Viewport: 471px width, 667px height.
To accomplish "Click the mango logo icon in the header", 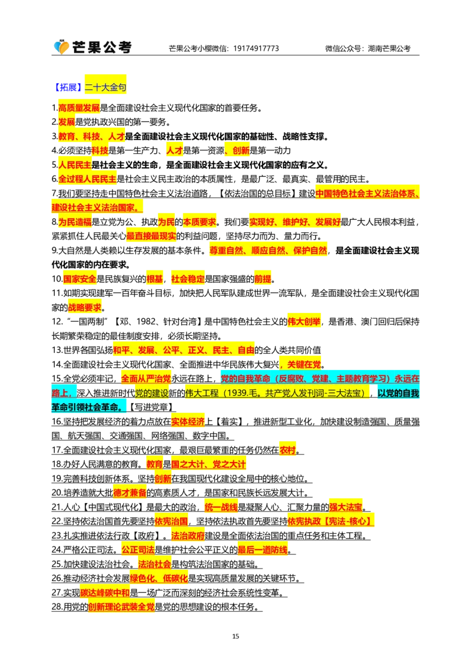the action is (x=61, y=47).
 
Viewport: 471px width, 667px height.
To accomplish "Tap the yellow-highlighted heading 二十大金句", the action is (x=105, y=88).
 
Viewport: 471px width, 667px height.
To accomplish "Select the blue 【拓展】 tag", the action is (x=68, y=88).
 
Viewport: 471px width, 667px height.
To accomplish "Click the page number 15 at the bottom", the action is (x=235, y=636).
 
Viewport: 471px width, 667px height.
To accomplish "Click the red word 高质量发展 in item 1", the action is (x=79, y=108).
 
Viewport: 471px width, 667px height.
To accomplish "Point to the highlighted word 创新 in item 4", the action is (x=241, y=151).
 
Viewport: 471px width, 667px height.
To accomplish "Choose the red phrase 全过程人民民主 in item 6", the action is (x=87, y=179).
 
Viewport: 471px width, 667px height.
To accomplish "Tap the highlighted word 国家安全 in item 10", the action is (x=79, y=279).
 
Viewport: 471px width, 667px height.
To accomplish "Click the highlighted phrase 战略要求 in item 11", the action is (x=85, y=308).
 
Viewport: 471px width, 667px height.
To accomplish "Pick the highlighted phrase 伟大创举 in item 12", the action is (x=304, y=322).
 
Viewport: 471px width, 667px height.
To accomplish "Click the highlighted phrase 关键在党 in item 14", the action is (x=304, y=365).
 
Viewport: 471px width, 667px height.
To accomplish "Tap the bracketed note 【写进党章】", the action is (x=151, y=407).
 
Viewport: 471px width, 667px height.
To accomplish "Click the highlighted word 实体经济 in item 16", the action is (x=188, y=421).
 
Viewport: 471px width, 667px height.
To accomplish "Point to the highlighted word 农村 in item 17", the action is (x=287, y=450).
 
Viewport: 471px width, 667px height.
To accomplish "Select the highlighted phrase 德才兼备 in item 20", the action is (x=130, y=493).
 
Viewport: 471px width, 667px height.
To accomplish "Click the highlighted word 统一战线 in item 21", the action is (x=221, y=507).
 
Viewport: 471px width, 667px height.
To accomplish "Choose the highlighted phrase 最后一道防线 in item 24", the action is (x=262, y=550).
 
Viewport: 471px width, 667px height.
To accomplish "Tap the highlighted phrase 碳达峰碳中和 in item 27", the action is (x=105, y=593).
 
